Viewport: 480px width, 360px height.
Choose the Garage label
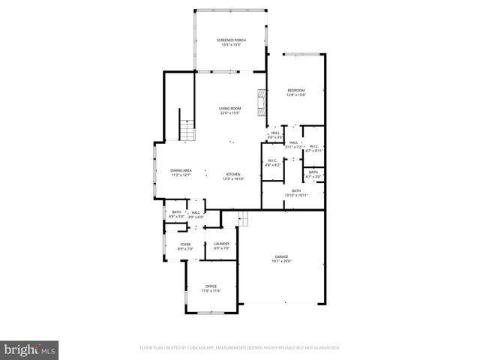click(280, 257)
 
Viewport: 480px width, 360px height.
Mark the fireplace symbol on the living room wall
click(262, 103)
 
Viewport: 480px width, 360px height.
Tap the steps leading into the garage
click(242, 218)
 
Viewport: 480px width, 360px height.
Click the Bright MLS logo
click(30, 349)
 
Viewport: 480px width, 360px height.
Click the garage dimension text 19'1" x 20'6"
click(280, 261)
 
